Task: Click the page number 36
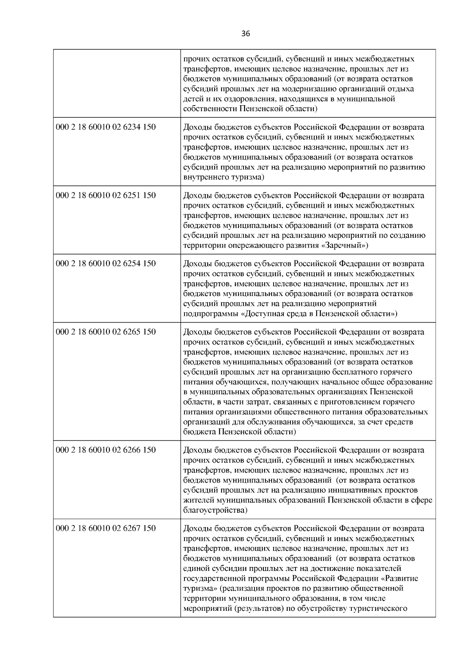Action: [245, 34]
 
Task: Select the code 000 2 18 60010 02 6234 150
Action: [106, 127]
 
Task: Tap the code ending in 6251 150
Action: [106, 195]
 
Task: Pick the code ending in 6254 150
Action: [106, 264]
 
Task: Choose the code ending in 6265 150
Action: [106, 332]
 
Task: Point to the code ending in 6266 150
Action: [106, 450]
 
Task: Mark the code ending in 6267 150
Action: [106, 529]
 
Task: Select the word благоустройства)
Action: [215, 510]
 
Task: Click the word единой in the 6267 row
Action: [195, 569]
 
